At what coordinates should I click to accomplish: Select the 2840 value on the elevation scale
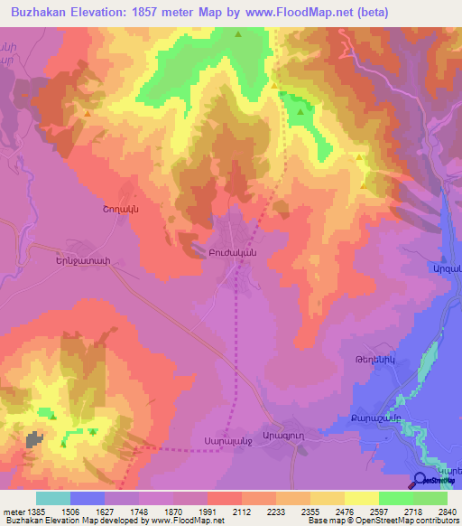point(447,512)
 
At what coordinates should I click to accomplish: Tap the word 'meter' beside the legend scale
point(11,512)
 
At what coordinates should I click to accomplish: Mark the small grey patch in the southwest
point(36,439)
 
